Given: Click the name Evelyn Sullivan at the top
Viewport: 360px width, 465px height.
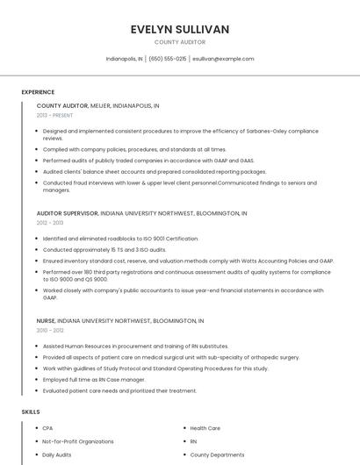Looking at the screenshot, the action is pos(179,29).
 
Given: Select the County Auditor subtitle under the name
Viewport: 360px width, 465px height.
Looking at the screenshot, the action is pos(179,42).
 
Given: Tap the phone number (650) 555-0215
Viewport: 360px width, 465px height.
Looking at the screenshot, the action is pos(168,59).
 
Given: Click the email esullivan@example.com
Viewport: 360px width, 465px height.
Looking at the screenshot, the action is pos(223,59).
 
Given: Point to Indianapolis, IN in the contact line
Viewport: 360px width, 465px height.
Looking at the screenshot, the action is pos(124,59).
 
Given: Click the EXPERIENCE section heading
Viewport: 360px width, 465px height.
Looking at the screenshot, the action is pos(38,92).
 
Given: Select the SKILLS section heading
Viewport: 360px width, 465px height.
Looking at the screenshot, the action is pos(31,411).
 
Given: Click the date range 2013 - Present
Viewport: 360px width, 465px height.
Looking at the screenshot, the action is pos(54,115).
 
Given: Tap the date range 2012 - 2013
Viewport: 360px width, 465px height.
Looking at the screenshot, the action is pos(50,223).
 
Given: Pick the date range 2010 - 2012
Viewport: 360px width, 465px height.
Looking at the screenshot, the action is pos(50,331).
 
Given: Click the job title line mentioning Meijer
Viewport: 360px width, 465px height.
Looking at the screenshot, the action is pos(97,105).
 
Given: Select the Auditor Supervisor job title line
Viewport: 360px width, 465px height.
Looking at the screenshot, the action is pos(141,213).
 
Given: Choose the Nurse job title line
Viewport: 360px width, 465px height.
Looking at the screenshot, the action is pos(119,321).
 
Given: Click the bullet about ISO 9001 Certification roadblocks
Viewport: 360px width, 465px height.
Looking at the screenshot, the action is pos(120,239).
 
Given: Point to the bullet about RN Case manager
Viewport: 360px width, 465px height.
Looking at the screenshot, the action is pos(94,380).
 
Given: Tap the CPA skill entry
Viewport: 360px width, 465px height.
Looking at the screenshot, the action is pos(47,428).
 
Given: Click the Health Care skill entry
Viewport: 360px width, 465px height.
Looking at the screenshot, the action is pos(205,428).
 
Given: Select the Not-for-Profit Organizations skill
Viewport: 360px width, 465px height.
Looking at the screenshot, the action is pos(78,441).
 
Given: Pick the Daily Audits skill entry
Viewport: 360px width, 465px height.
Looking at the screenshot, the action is pos(57,455).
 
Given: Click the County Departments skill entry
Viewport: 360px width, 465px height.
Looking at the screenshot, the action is pos(217,455).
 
